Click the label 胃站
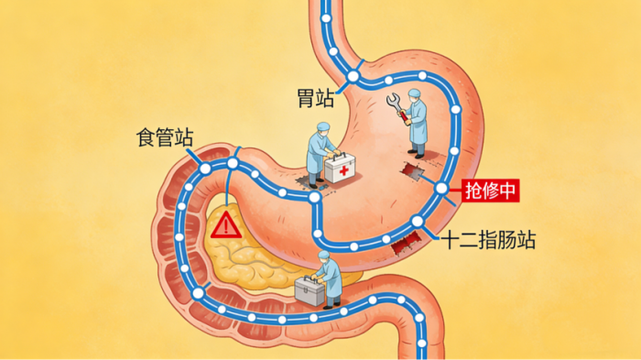click(x=314, y=95)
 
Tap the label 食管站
click(x=164, y=139)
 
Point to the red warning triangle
click(x=224, y=224)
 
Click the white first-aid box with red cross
click(x=342, y=169)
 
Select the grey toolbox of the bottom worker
click(x=310, y=292)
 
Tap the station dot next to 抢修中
click(x=441, y=189)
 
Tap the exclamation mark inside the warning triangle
click(x=224, y=226)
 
